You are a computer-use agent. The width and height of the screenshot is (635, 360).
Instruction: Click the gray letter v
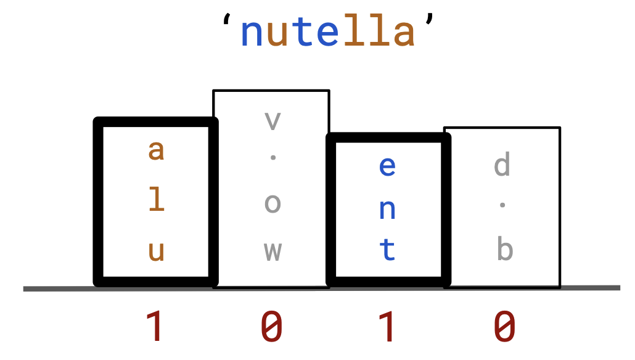pyautogui.click(x=272, y=121)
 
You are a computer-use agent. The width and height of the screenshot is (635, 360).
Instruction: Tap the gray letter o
pyautogui.click(x=272, y=203)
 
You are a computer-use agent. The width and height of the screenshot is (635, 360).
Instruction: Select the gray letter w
pyautogui.click(x=272, y=251)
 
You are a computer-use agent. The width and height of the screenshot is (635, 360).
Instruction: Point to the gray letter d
pyautogui.click(x=502, y=165)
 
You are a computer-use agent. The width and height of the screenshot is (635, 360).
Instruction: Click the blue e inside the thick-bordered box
pyautogui.click(x=387, y=166)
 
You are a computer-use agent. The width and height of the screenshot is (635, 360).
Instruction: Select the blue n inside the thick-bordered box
pyautogui.click(x=387, y=210)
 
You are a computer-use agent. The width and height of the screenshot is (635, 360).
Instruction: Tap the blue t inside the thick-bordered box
pyautogui.click(x=387, y=250)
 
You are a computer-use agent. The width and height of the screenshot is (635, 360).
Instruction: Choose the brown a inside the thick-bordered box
pyautogui.click(x=157, y=150)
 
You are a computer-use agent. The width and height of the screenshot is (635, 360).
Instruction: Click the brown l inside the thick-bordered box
pyautogui.click(x=157, y=200)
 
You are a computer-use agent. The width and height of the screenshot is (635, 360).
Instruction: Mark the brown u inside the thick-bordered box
pyautogui.click(x=157, y=251)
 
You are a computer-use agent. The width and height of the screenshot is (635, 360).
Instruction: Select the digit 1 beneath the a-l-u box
pyautogui.click(x=156, y=326)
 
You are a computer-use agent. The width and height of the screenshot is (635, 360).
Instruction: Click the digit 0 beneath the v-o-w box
pyautogui.click(x=272, y=326)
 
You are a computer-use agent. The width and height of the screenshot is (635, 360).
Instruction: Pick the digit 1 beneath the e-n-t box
pyautogui.click(x=387, y=326)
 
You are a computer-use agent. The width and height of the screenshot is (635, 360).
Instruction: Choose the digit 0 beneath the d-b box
pyautogui.click(x=504, y=326)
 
